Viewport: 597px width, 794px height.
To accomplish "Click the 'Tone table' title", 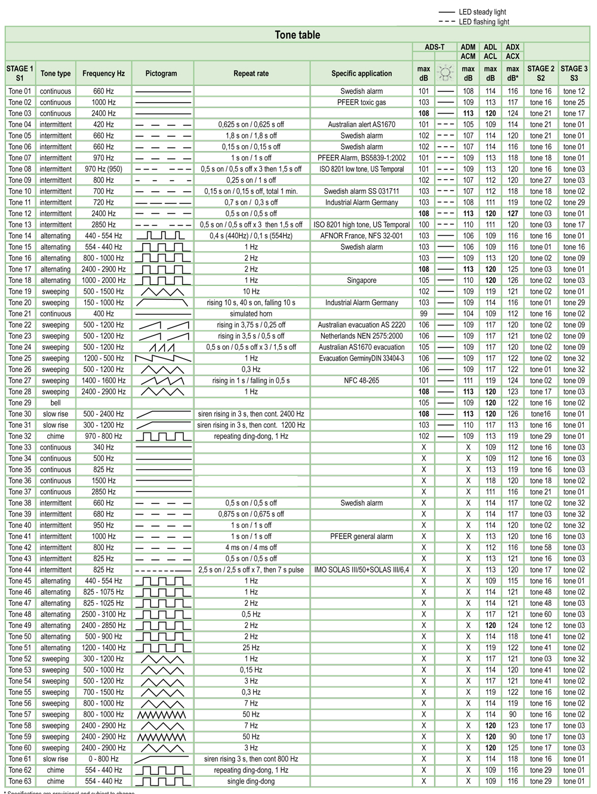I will tap(297, 35).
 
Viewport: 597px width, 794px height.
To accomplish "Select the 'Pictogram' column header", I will tap(161, 73).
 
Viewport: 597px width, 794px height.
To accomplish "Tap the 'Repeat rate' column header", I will tap(251, 73).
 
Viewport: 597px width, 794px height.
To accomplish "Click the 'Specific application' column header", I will tap(362, 73).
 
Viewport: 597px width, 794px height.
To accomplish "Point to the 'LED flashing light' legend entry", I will tap(484, 22).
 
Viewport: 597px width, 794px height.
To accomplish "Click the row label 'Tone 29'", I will tap(20, 403).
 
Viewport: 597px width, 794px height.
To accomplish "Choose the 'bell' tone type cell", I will tap(56, 403).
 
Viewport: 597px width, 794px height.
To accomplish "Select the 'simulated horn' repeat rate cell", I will tap(251, 314).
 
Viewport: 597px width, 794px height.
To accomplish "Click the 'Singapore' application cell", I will tap(362, 281).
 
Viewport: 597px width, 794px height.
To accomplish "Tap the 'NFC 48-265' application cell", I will tap(362, 381).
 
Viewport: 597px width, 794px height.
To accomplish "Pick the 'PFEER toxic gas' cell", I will tap(362, 103).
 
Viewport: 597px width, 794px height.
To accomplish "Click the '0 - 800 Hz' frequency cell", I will tap(103, 759).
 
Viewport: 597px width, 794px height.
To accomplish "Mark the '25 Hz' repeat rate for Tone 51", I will tap(251, 648).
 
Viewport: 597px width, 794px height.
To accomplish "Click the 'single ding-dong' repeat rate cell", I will tap(251, 781).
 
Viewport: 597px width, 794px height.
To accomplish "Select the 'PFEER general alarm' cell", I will tap(362, 537).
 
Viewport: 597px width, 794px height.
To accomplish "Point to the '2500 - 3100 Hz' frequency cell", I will tap(103, 614).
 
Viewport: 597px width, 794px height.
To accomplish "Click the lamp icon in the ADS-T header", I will tap(445, 73).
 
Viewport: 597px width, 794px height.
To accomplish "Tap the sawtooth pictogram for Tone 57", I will tap(161, 715).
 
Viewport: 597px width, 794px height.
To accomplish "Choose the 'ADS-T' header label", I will tap(435, 47).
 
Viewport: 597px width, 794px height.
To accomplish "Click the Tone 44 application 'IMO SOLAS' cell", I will tap(362, 570).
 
